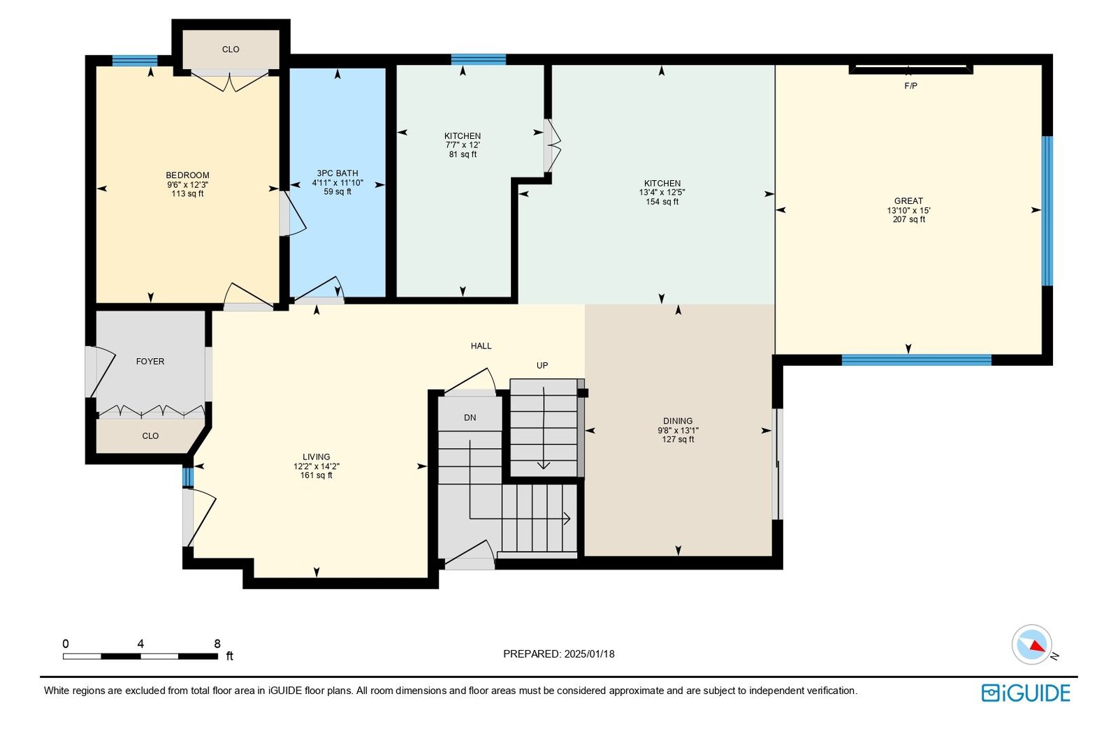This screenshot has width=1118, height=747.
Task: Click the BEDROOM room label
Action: [x=187, y=175]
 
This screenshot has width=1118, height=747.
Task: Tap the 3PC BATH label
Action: [x=337, y=173]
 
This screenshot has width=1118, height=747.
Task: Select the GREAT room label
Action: [x=908, y=201]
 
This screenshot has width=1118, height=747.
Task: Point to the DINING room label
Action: [x=678, y=421]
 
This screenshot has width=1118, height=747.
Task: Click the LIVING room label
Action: [x=316, y=457]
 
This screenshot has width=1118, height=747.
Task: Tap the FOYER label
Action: [x=150, y=362]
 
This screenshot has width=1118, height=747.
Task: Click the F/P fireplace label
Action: [x=911, y=86]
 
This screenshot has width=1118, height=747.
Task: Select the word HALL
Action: [x=481, y=346]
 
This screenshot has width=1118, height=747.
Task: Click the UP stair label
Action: [x=542, y=366]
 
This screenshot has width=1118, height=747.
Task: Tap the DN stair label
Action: [x=470, y=418]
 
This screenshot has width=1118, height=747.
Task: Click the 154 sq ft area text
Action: [x=662, y=202]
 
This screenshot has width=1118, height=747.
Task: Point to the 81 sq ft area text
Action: [x=463, y=154]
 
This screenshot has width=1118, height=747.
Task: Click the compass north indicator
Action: [x=1032, y=645]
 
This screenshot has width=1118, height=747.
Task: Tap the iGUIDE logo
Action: [x=1026, y=693]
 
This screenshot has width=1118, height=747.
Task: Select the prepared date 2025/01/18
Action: [x=589, y=653]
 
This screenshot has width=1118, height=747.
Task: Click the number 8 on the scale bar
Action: [x=217, y=644]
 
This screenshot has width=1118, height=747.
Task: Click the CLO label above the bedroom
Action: [x=231, y=50]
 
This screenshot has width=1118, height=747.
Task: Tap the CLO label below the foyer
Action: [x=150, y=436]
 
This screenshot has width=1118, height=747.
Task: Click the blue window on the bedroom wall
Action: [x=135, y=61]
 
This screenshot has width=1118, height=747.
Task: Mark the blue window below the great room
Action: [x=916, y=360]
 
